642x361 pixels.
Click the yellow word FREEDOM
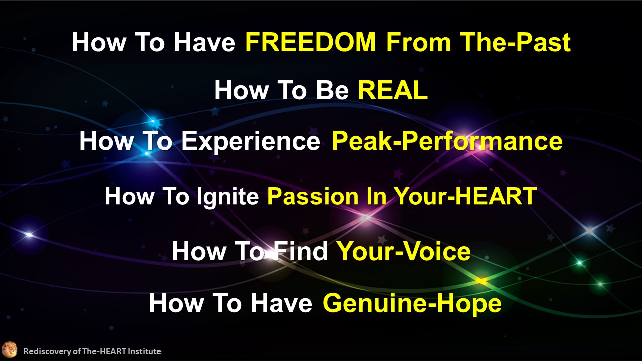pyautogui.click(x=310, y=42)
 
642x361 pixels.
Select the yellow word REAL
pyautogui.click(x=393, y=90)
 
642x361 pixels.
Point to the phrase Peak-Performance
pyautogui.click(x=447, y=141)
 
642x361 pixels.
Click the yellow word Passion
pyautogui.click(x=312, y=196)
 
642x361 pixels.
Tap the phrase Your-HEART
pyautogui.click(x=466, y=196)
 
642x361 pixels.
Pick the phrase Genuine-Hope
pyautogui.click(x=412, y=304)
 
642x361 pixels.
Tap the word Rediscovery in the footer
pyautogui.click(x=47, y=351)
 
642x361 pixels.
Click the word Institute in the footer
pyautogui.click(x=144, y=351)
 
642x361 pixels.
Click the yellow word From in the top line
pyautogui.click(x=419, y=42)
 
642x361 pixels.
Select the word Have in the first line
pyautogui.click(x=204, y=42)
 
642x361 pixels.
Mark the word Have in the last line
pyautogui.click(x=282, y=303)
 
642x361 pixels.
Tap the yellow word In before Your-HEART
pyautogui.click(x=377, y=196)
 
